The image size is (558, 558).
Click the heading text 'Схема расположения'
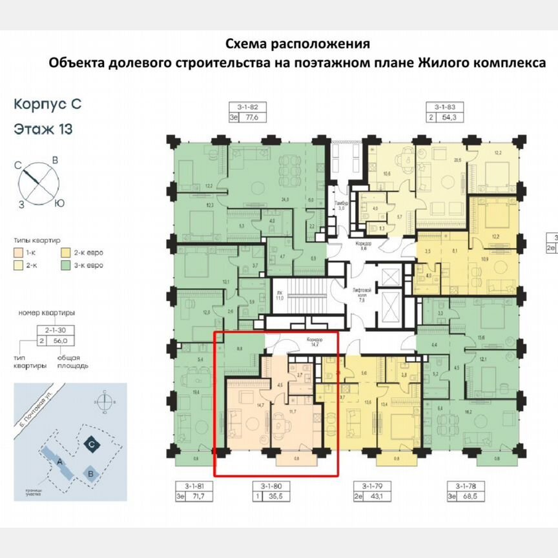pos(298,44)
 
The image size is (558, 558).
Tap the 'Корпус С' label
pos(48,103)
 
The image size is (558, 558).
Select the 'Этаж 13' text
pos(43,129)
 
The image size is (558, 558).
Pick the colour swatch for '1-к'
pos(18,253)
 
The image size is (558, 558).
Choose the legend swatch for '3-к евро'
pos(65,265)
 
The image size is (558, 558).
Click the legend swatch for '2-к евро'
pos(65,253)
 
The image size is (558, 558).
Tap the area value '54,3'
pos(450,118)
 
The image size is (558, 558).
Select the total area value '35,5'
pos(280,497)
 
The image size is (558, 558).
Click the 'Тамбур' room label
pos(341,202)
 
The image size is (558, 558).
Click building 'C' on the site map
pos(93,444)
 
